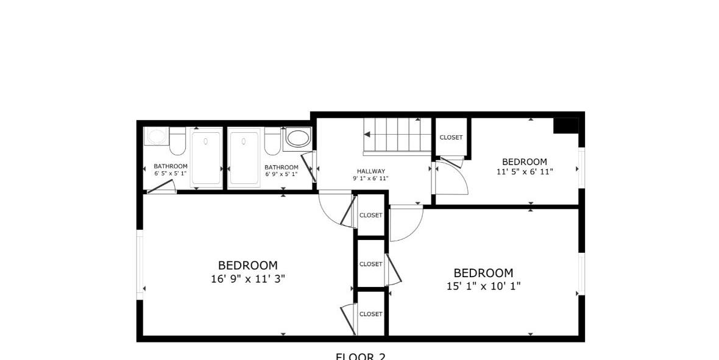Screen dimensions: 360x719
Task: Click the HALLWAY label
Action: (370, 171)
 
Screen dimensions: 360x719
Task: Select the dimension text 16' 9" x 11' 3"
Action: (247, 278)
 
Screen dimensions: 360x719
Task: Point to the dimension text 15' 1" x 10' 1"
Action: (483, 286)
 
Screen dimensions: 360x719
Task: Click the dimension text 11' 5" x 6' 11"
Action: (524, 172)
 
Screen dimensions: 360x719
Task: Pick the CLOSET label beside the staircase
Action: (451, 138)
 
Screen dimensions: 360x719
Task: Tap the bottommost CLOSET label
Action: (370, 314)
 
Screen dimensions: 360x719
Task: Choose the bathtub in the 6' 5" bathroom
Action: (206, 158)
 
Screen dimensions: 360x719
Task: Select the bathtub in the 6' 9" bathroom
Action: (244, 158)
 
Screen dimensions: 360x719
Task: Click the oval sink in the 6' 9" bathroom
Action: (298, 138)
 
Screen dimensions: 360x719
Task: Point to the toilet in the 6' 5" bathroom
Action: (177, 142)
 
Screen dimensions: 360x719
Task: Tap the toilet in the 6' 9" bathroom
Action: (272, 143)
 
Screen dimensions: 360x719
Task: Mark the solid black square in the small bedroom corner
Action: (565, 125)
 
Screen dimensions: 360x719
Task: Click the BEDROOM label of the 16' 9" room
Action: (247, 266)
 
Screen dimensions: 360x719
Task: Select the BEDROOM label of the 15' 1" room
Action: (483, 273)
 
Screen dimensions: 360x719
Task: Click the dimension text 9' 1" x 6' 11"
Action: (370, 178)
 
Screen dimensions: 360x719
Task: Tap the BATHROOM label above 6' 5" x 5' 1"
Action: (171, 166)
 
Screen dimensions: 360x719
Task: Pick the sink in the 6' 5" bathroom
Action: (156, 136)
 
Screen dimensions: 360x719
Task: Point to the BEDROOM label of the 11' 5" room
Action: (524, 161)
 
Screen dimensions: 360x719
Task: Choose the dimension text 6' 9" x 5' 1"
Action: (282, 174)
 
